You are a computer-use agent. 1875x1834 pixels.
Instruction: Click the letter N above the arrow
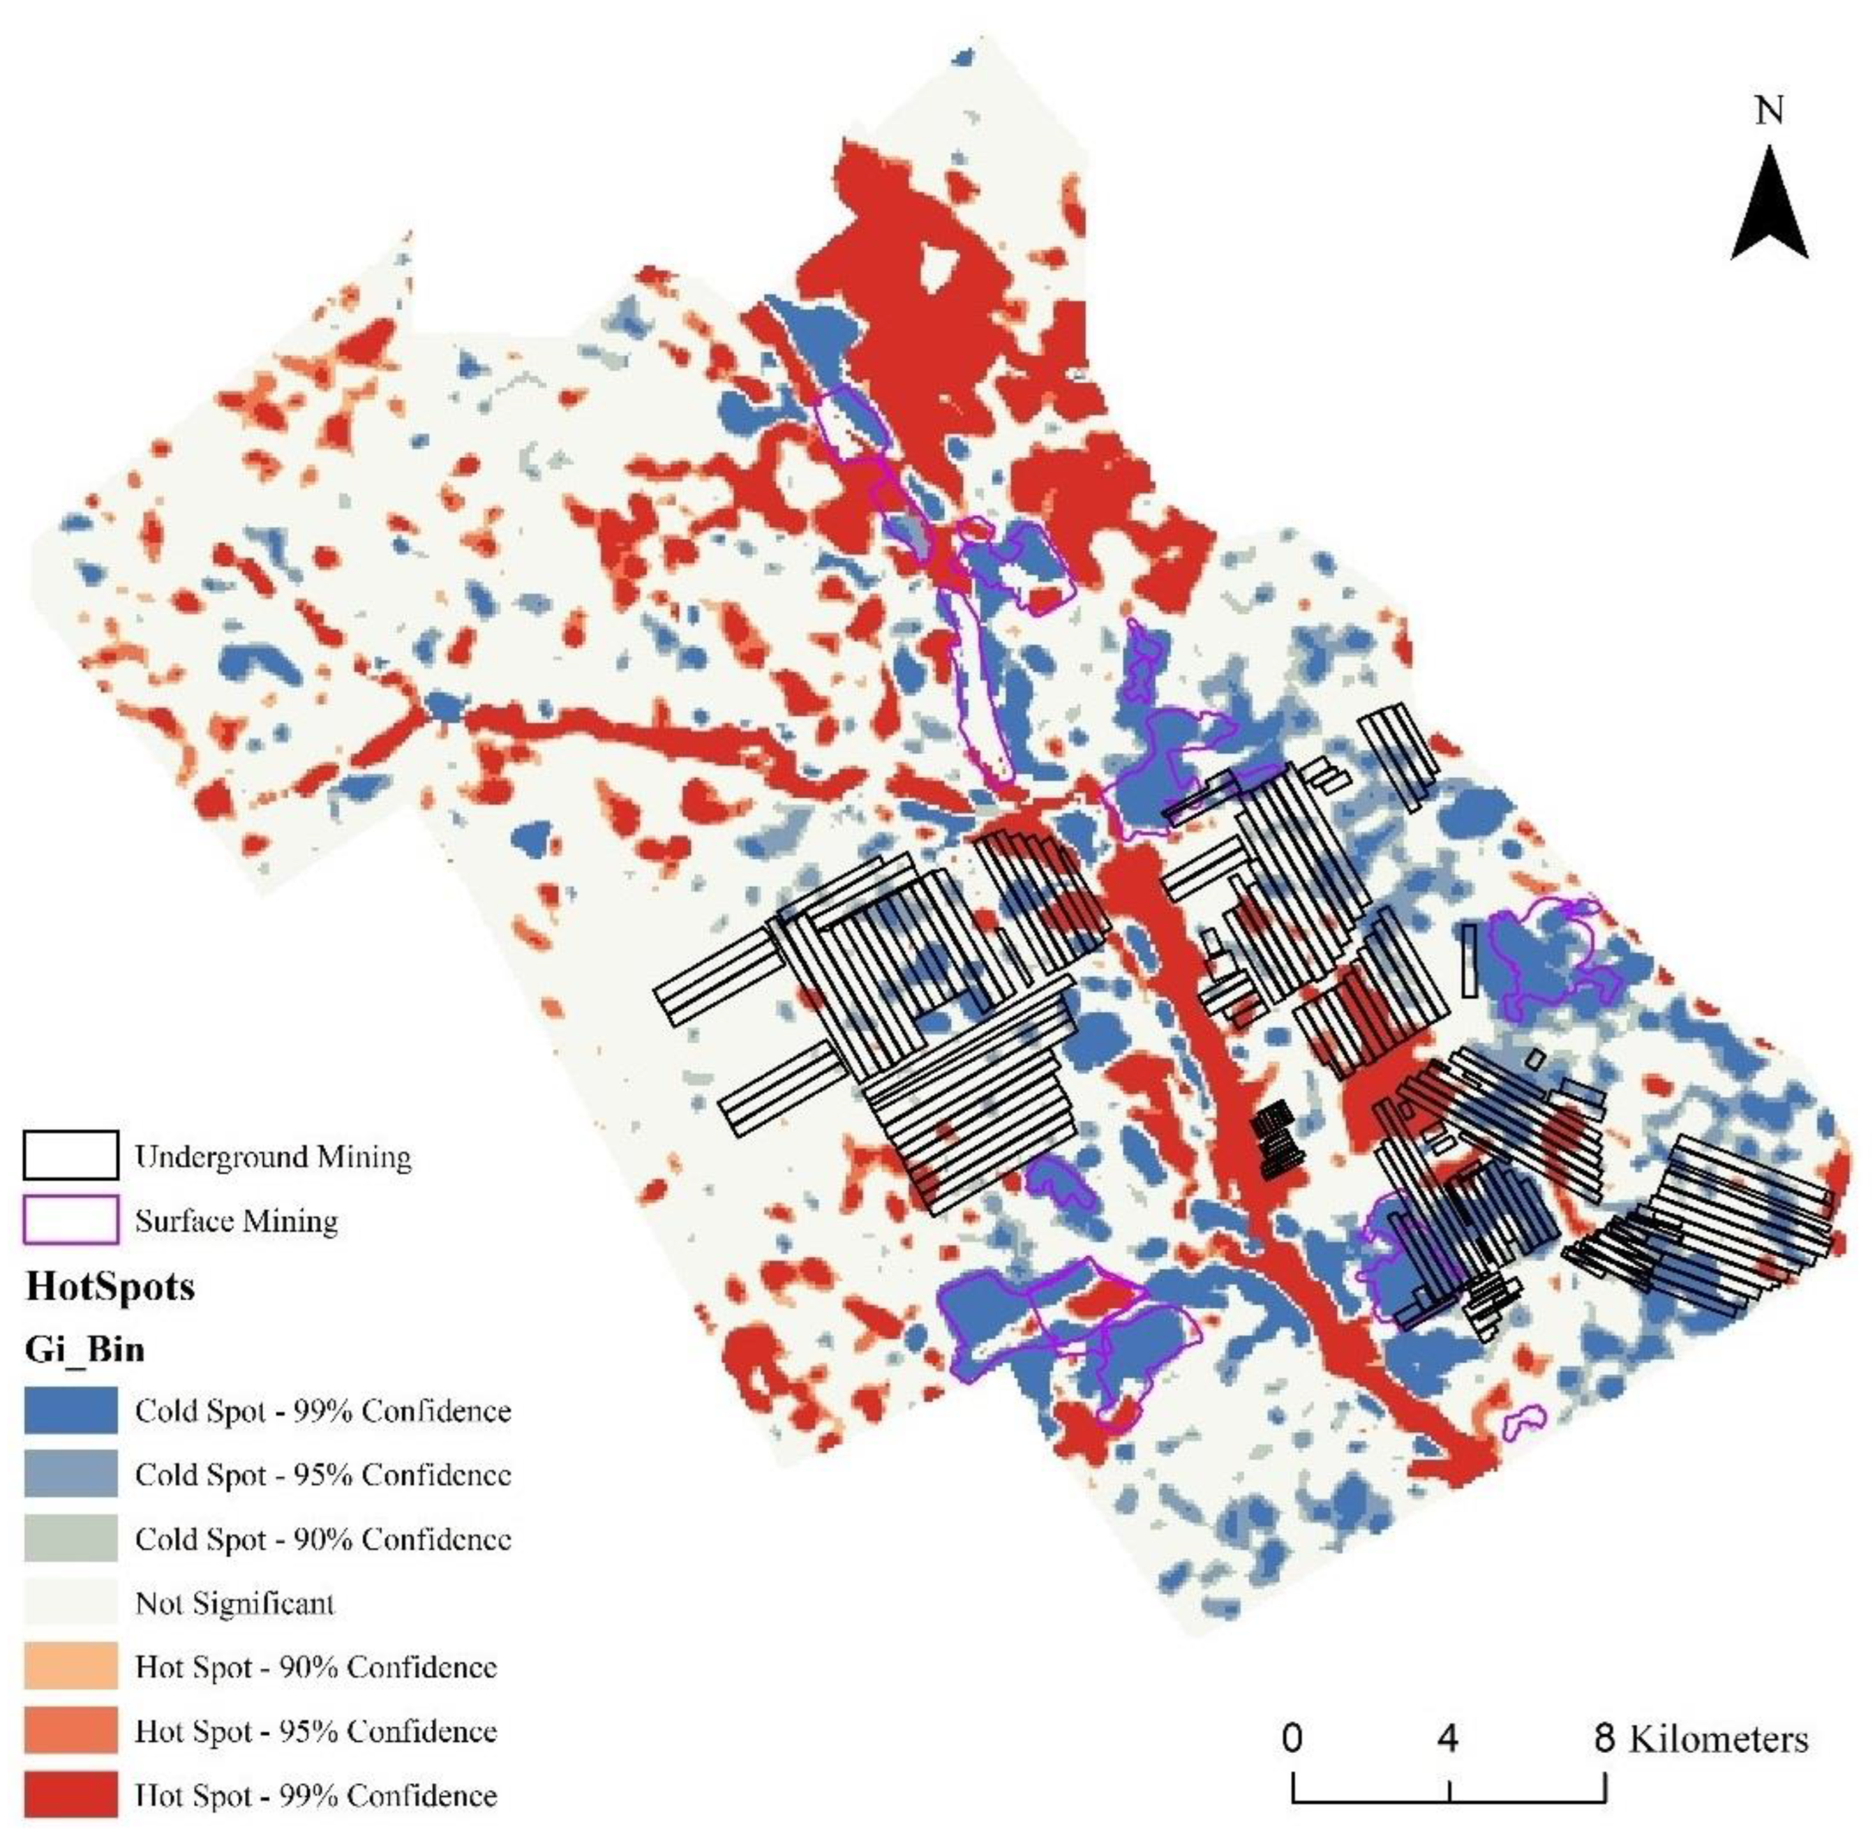1769,112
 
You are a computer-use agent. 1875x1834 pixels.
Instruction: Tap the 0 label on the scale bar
1292,1738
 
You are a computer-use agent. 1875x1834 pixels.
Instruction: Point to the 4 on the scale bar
1447,1738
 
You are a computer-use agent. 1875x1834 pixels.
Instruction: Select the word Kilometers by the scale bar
1718,1738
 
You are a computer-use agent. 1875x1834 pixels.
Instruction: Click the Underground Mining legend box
71,1155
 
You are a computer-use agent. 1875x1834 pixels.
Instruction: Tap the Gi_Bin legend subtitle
84,1348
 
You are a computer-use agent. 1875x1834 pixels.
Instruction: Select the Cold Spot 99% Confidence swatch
71,1410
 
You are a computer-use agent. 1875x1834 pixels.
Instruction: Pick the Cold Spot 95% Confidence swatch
71,1474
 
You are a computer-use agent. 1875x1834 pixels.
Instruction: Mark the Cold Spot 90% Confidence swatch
71,1538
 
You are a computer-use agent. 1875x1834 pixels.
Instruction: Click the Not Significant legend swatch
71,1603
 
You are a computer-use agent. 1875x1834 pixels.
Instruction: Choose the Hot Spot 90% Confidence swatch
71,1667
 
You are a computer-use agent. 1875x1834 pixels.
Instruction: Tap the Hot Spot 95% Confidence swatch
71,1731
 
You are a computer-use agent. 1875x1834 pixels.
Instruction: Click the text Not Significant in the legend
235,1603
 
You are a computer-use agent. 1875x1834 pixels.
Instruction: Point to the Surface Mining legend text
236,1221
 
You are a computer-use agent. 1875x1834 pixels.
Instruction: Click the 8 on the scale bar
1604,1738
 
